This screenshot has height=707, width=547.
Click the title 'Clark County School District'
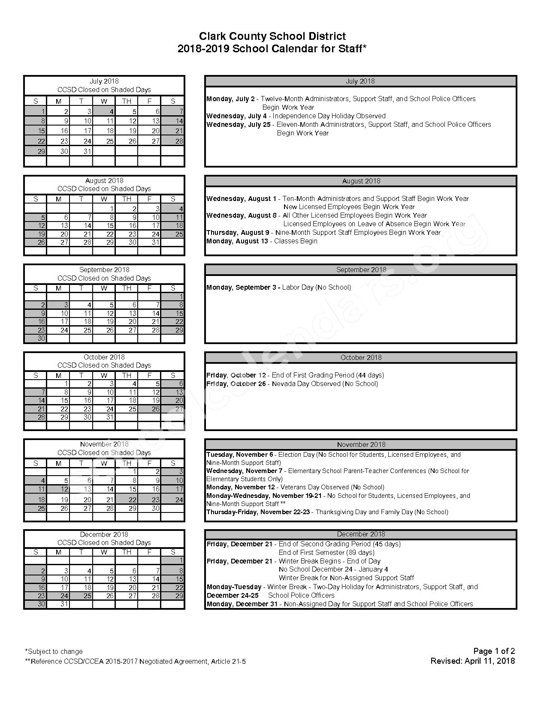point(272,36)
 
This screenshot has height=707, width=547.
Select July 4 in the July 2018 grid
point(104,111)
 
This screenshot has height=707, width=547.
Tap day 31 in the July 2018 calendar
point(82,151)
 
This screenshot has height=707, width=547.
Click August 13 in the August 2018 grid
point(58,225)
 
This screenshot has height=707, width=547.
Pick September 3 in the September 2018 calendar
point(58,305)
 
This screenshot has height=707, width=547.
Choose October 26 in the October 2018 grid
point(150,409)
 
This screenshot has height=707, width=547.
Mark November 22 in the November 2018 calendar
point(127,499)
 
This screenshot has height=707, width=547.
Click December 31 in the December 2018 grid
point(58,604)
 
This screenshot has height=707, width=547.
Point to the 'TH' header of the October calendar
point(127,375)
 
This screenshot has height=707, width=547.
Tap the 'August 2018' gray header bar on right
point(361,181)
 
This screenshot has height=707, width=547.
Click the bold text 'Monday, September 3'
point(242,287)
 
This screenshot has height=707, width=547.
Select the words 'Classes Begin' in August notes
point(296,241)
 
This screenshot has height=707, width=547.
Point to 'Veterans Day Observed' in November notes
point(314,487)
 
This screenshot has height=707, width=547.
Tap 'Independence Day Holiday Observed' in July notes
point(329,116)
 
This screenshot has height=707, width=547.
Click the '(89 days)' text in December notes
point(360,552)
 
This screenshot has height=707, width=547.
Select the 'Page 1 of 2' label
point(494,651)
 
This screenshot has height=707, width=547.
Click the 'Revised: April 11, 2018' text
point(472,661)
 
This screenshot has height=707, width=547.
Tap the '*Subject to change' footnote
point(54,651)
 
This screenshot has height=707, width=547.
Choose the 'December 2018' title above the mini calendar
point(104,534)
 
